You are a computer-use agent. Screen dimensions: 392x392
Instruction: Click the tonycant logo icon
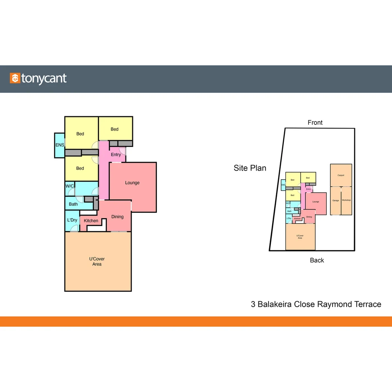click(15, 78)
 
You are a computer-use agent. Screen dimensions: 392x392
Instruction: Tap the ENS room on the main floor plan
click(59, 145)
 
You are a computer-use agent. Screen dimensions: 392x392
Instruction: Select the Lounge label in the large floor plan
click(132, 183)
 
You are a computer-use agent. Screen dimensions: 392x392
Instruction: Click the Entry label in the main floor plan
click(116, 155)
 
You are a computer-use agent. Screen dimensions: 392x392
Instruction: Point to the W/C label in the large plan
click(70, 186)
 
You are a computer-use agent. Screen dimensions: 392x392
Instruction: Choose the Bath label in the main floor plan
click(73, 204)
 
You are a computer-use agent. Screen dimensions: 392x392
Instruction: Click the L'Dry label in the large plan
click(72, 220)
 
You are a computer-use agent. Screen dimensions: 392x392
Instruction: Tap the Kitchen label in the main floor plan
click(91, 221)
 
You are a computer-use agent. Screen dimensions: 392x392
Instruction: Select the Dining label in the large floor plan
click(117, 217)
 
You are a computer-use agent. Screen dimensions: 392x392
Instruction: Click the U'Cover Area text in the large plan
click(97, 261)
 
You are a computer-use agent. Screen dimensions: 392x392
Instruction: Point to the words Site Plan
click(250, 168)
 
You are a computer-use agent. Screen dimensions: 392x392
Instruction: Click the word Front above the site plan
click(315, 123)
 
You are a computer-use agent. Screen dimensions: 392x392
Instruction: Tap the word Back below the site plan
click(317, 260)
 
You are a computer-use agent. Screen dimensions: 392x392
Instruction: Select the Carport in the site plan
click(341, 175)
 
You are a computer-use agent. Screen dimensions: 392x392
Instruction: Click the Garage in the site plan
click(336, 201)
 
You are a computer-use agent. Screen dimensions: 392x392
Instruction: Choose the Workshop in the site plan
click(346, 200)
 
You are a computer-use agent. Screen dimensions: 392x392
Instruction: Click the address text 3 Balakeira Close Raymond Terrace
click(316, 304)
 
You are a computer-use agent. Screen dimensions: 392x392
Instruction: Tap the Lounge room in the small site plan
click(315, 202)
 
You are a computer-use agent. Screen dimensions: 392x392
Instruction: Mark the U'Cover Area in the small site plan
click(300, 237)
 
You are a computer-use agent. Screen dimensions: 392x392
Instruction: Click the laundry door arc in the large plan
click(74, 229)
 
